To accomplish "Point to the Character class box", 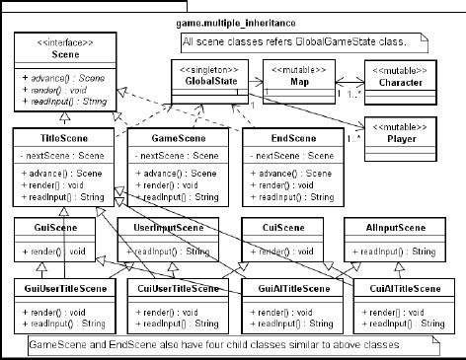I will coord(401,78).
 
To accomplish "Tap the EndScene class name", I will coord(292,140).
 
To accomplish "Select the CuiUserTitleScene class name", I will coord(179,288).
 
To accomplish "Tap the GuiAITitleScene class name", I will coord(292,288).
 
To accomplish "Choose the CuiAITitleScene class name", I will coord(401,288).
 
